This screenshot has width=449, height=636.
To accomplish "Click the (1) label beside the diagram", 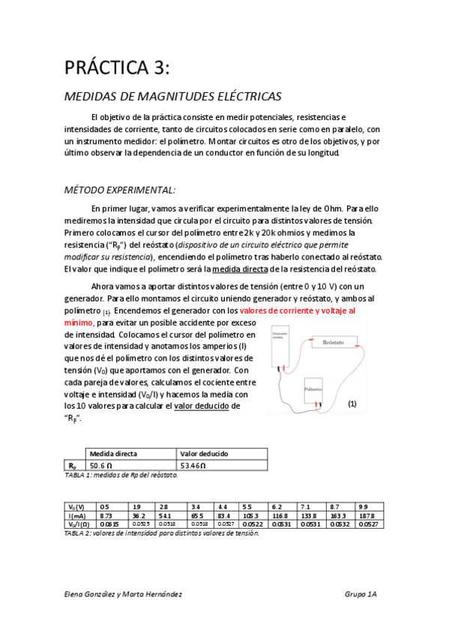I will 352,404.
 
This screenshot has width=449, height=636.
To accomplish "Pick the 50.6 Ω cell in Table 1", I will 100,465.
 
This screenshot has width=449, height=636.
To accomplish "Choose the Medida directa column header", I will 113,454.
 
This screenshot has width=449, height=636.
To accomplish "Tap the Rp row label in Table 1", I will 72,465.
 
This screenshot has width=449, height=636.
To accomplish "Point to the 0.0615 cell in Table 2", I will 109,524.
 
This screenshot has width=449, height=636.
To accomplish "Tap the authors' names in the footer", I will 124,593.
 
